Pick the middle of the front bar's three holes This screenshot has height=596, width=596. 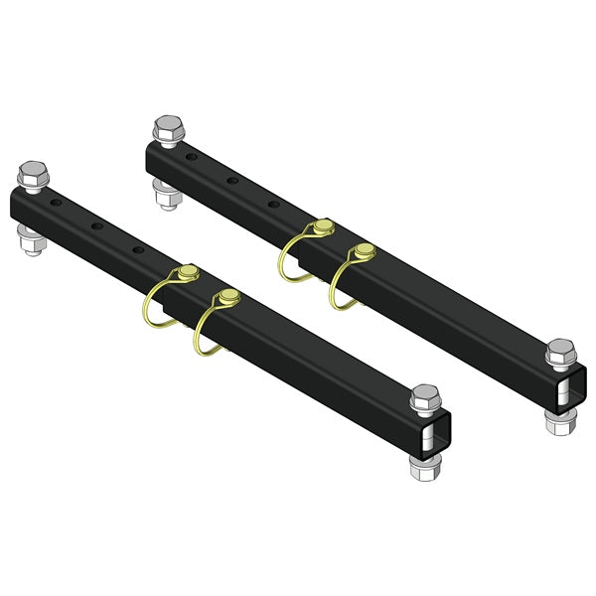(x=99, y=225)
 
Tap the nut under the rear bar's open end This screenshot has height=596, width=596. (x=556, y=420)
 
